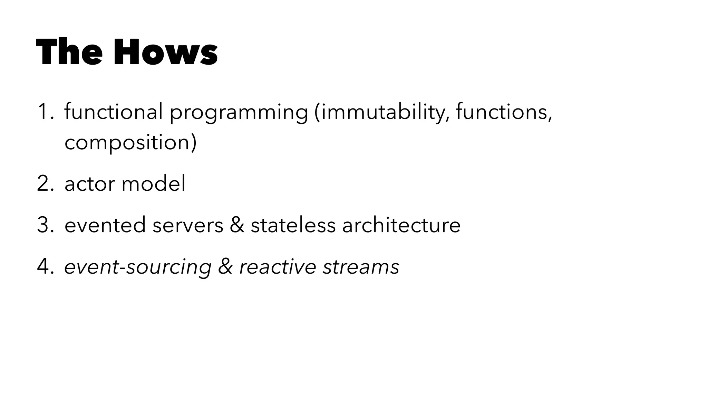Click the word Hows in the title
click(x=165, y=52)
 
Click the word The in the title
click(x=69, y=52)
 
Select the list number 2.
click(x=45, y=183)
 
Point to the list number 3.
click(x=45, y=225)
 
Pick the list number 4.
click(x=45, y=267)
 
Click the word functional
click(x=114, y=112)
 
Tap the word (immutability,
click(x=382, y=113)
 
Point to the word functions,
click(x=504, y=112)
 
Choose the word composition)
click(x=130, y=143)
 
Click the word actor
click(x=89, y=183)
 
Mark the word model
click(x=154, y=183)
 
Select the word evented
click(x=105, y=225)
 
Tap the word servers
click(x=188, y=225)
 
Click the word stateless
click(x=293, y=225)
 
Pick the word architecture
click(x=401, y=225)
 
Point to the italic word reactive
click(x=278, y=267)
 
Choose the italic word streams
click(x=361, y=267)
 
